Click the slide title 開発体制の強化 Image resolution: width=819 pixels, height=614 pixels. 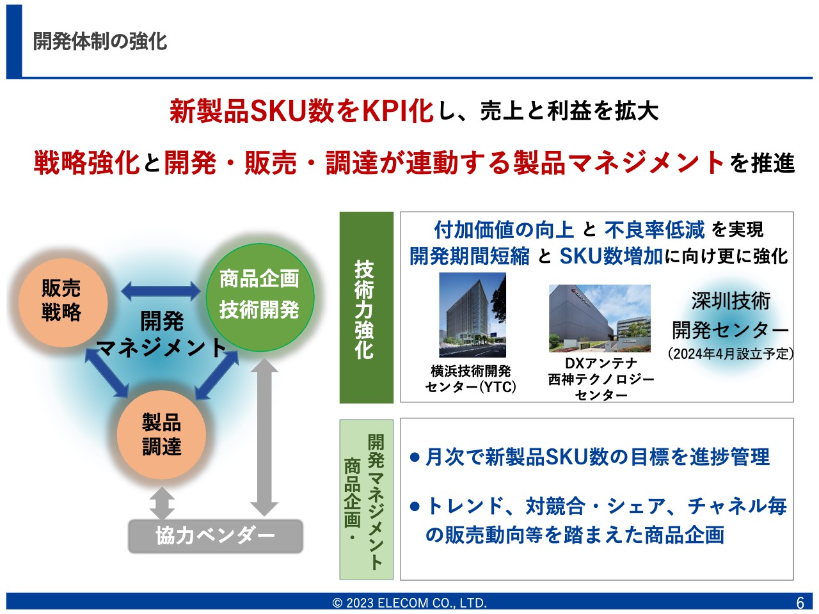[x=100, y=41]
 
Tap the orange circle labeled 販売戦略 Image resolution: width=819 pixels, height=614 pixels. [x=63, y=303]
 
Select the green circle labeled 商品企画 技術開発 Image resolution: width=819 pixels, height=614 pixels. [x=260, y=297]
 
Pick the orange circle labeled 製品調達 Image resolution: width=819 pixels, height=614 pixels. [x=161, y=435]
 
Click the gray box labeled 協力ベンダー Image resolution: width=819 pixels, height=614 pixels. [x=215, y=536]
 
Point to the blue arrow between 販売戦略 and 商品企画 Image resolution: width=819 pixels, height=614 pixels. [x=161, y=291]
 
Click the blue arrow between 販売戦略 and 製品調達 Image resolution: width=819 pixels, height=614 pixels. [x=107, y=372]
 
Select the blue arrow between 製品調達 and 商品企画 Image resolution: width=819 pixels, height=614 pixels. [x=217, y=375]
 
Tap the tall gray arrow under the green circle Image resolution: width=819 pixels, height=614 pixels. [x=264, y=437]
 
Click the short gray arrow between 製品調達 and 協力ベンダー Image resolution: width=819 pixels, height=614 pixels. [x=162, y=503]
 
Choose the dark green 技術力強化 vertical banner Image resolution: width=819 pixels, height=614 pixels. [x=367, y=308]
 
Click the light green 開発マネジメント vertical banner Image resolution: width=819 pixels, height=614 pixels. [x=367, y=500]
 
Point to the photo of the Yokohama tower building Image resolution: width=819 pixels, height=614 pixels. [x=472, y=315]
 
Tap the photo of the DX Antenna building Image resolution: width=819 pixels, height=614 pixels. [x=600, y=319]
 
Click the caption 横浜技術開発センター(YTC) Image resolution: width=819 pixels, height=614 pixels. [x=470, y=379]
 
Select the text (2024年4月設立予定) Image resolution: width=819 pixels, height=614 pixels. [x=731, y=354]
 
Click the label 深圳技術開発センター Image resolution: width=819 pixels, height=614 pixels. [x=731, y=315]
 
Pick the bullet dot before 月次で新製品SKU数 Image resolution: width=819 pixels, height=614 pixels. [x=415, y=457]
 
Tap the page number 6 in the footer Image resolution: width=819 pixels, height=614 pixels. [x=800, y=603]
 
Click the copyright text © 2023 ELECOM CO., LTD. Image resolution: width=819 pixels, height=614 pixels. [x=409, y=603]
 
